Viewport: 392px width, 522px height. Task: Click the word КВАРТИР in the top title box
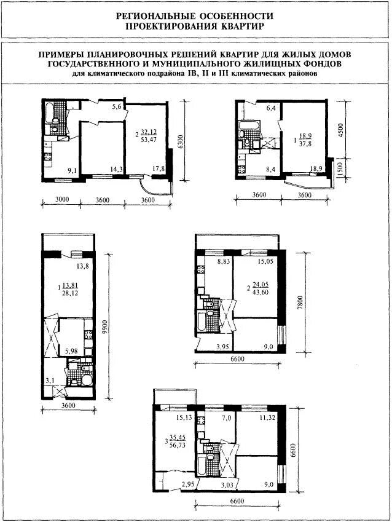[x=242, y=26]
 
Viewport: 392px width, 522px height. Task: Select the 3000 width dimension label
[x=62, y=199]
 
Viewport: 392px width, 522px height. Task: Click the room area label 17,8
[x=159, y=168]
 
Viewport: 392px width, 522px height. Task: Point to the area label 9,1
[x=72, y=171]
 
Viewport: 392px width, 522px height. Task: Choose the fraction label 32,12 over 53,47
[x=149, y=136]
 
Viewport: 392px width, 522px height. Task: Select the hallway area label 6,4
[x=271, y=108]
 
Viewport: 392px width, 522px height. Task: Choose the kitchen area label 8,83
[x=223, y=262]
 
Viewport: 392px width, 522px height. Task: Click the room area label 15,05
[x=265, y=262]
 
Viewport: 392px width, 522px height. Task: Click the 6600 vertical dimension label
[x=292, y=450]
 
